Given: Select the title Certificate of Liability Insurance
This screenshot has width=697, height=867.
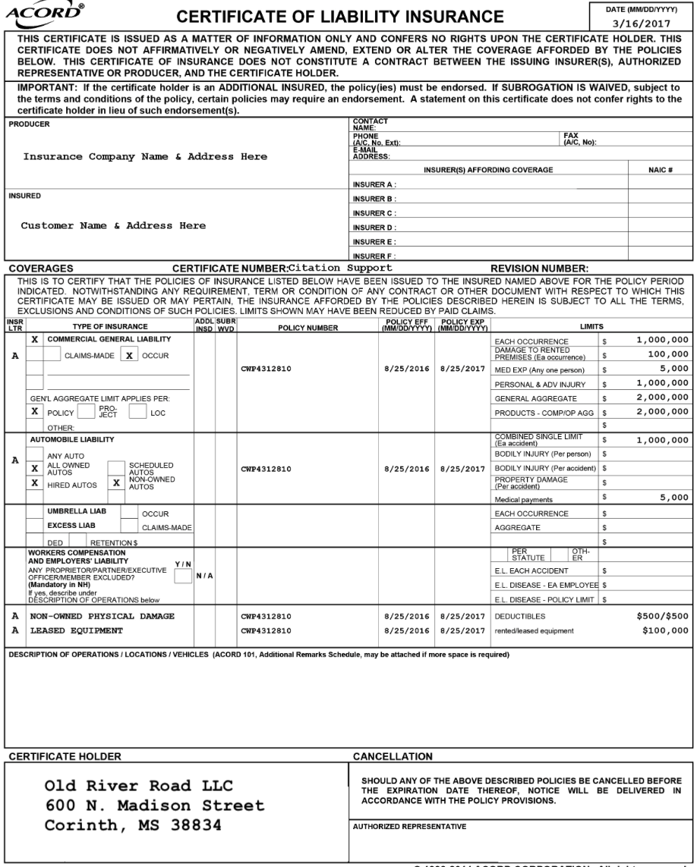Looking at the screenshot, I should tap(340, 17).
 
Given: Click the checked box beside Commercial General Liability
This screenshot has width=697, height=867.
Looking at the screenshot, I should tap(33, 339).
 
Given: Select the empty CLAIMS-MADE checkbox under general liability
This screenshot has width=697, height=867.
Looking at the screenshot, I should tap(52, 355).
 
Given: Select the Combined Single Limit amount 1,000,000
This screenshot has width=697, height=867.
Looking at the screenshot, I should tap(663, 440).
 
